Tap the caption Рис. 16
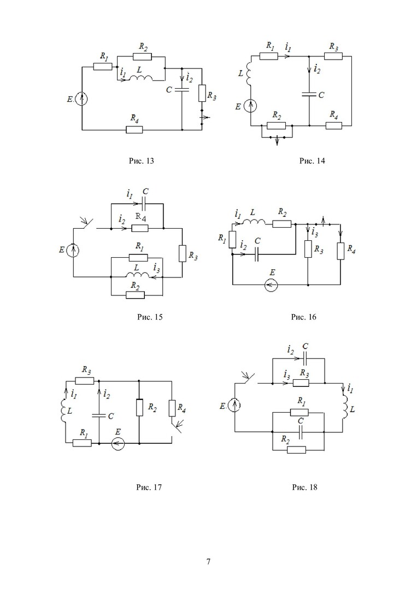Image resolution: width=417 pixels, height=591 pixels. click(304, 317)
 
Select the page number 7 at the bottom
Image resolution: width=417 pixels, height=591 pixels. click(208, 561)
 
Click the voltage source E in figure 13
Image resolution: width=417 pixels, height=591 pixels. click(82, 99)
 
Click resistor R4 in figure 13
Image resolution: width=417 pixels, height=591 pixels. click(134, 130)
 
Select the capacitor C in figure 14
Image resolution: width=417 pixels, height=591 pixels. click(309, 94)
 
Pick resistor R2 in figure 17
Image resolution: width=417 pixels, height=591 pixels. click(139, 407)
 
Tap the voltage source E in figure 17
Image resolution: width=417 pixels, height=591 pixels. click(118, 444)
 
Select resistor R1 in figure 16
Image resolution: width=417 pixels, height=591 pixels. click(232, 239)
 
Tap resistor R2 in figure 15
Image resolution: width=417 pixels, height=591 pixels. click(135, 294)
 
